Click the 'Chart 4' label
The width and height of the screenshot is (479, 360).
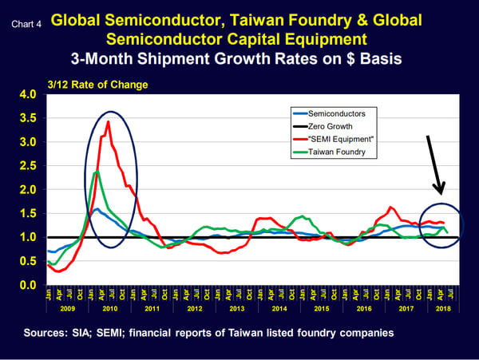[26, 24]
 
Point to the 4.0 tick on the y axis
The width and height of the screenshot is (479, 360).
[28, 95]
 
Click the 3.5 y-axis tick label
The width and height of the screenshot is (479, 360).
[28, 119]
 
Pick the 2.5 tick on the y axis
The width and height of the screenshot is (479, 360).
[28, 166]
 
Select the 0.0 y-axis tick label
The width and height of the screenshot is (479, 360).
[28, 285]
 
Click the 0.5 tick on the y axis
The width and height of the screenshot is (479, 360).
[28, 262]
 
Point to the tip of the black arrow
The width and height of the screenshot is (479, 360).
[441, 194]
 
